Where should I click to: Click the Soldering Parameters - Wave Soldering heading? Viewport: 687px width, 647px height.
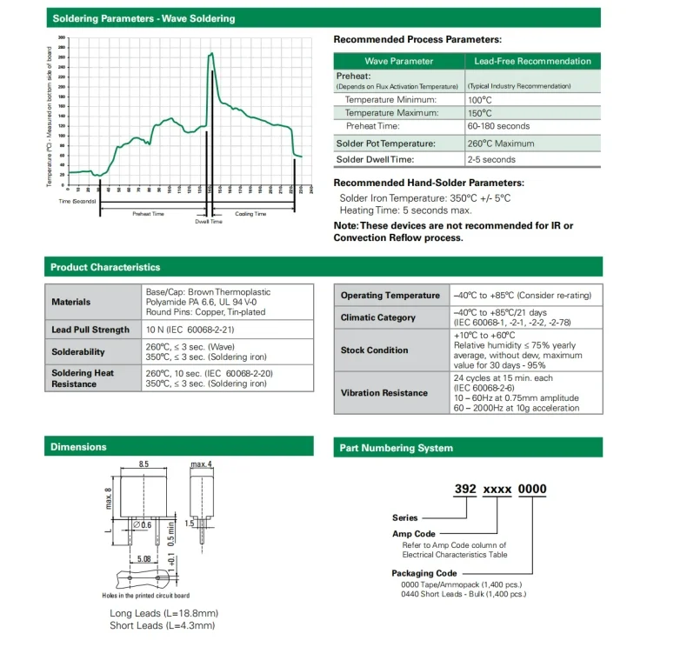(x=143, y=18)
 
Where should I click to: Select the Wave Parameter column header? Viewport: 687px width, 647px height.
(x=398, y=61)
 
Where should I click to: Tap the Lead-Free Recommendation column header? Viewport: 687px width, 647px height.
(x=531, y=61)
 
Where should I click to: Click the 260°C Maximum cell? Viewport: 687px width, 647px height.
(x=501, y=143)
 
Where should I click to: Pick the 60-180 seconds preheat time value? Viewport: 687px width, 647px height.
(x=498, y=126)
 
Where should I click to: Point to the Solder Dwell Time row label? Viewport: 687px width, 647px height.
(x=375, y=159)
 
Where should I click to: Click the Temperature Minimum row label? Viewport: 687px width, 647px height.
(x=391, y=99)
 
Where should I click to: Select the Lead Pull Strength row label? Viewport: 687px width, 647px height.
(x=90, y=330)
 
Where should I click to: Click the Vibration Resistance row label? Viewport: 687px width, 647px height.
(x=384, y=393)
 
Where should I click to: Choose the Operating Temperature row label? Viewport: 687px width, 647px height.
(x=390, y=296)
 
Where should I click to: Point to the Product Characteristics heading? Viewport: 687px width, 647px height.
(x=105, y=267)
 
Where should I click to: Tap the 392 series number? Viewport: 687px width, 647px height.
(x=467, y=490)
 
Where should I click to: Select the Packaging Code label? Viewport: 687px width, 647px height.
(x=424, y=573)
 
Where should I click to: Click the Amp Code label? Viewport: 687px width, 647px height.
(x=413, y=534)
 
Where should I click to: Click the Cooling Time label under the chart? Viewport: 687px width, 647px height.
(x=250, y=213)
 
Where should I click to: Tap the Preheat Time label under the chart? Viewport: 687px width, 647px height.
(x=148, y=213)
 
